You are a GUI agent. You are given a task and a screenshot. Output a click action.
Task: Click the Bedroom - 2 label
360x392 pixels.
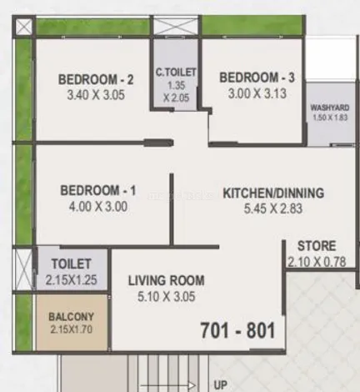[96, 79]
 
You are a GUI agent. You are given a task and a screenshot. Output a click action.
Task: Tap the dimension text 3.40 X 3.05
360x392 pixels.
[96, 95]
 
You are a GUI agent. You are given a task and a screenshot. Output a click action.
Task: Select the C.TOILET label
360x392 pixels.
[176, 73]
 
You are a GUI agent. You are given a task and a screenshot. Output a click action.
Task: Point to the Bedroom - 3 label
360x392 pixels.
[257, 78]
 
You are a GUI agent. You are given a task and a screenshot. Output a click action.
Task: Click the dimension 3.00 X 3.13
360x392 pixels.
[257, 93]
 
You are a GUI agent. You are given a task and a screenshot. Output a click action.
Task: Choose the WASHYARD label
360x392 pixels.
[330, 108]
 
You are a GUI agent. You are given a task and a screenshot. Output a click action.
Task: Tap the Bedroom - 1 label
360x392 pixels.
[98, 191]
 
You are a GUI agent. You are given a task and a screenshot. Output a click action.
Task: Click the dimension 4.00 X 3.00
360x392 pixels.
[98, 207]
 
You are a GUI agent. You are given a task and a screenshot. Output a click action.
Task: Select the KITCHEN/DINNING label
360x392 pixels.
[273, 193]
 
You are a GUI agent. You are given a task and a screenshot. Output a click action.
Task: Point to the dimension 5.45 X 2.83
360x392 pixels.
[273, 209]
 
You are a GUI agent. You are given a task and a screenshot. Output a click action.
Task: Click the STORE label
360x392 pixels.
[317, 246]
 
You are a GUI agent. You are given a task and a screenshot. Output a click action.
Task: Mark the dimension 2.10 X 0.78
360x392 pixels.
[317, 262]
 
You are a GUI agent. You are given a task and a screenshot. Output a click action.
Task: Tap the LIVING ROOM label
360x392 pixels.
[167, 280]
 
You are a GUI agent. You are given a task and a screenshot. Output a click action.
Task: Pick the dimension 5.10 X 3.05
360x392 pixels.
[167, 297]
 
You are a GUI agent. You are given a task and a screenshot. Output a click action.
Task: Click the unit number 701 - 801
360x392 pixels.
[237, 330]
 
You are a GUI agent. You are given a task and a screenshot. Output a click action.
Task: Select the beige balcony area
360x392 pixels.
[72, 322]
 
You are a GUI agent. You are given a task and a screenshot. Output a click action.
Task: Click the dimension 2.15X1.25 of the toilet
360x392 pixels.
[71, 280]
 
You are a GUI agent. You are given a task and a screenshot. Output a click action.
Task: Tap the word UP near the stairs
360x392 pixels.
[220, 385]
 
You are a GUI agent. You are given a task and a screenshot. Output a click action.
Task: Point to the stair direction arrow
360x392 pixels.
[168, 385]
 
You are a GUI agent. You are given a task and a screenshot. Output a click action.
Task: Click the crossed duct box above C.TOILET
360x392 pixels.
[176, 26]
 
